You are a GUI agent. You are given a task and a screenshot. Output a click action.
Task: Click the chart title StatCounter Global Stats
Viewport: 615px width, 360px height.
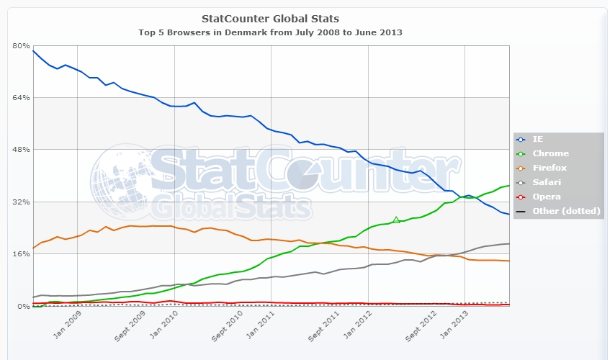271,18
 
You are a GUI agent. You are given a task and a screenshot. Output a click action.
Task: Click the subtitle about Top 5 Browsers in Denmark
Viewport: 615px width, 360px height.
271,32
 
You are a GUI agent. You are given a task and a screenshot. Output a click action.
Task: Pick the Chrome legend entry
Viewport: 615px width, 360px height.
550,153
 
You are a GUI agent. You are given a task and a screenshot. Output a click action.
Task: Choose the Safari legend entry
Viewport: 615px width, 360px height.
547,182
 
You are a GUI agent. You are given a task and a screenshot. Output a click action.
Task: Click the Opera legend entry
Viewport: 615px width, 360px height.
546,197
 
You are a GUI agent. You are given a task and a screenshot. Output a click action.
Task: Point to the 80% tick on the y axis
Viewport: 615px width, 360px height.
19,45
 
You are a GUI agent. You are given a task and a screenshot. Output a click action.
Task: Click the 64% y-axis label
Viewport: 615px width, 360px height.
19,97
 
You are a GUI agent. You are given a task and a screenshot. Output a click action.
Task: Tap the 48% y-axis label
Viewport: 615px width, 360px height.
19,150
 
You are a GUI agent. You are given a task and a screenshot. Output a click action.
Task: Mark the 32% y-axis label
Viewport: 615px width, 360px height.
19,202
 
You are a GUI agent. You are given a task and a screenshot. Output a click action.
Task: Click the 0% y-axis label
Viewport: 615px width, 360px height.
22,307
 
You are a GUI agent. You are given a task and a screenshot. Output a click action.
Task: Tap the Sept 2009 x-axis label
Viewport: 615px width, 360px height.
132,325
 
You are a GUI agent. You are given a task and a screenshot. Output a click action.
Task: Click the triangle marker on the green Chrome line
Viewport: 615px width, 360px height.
396,220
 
